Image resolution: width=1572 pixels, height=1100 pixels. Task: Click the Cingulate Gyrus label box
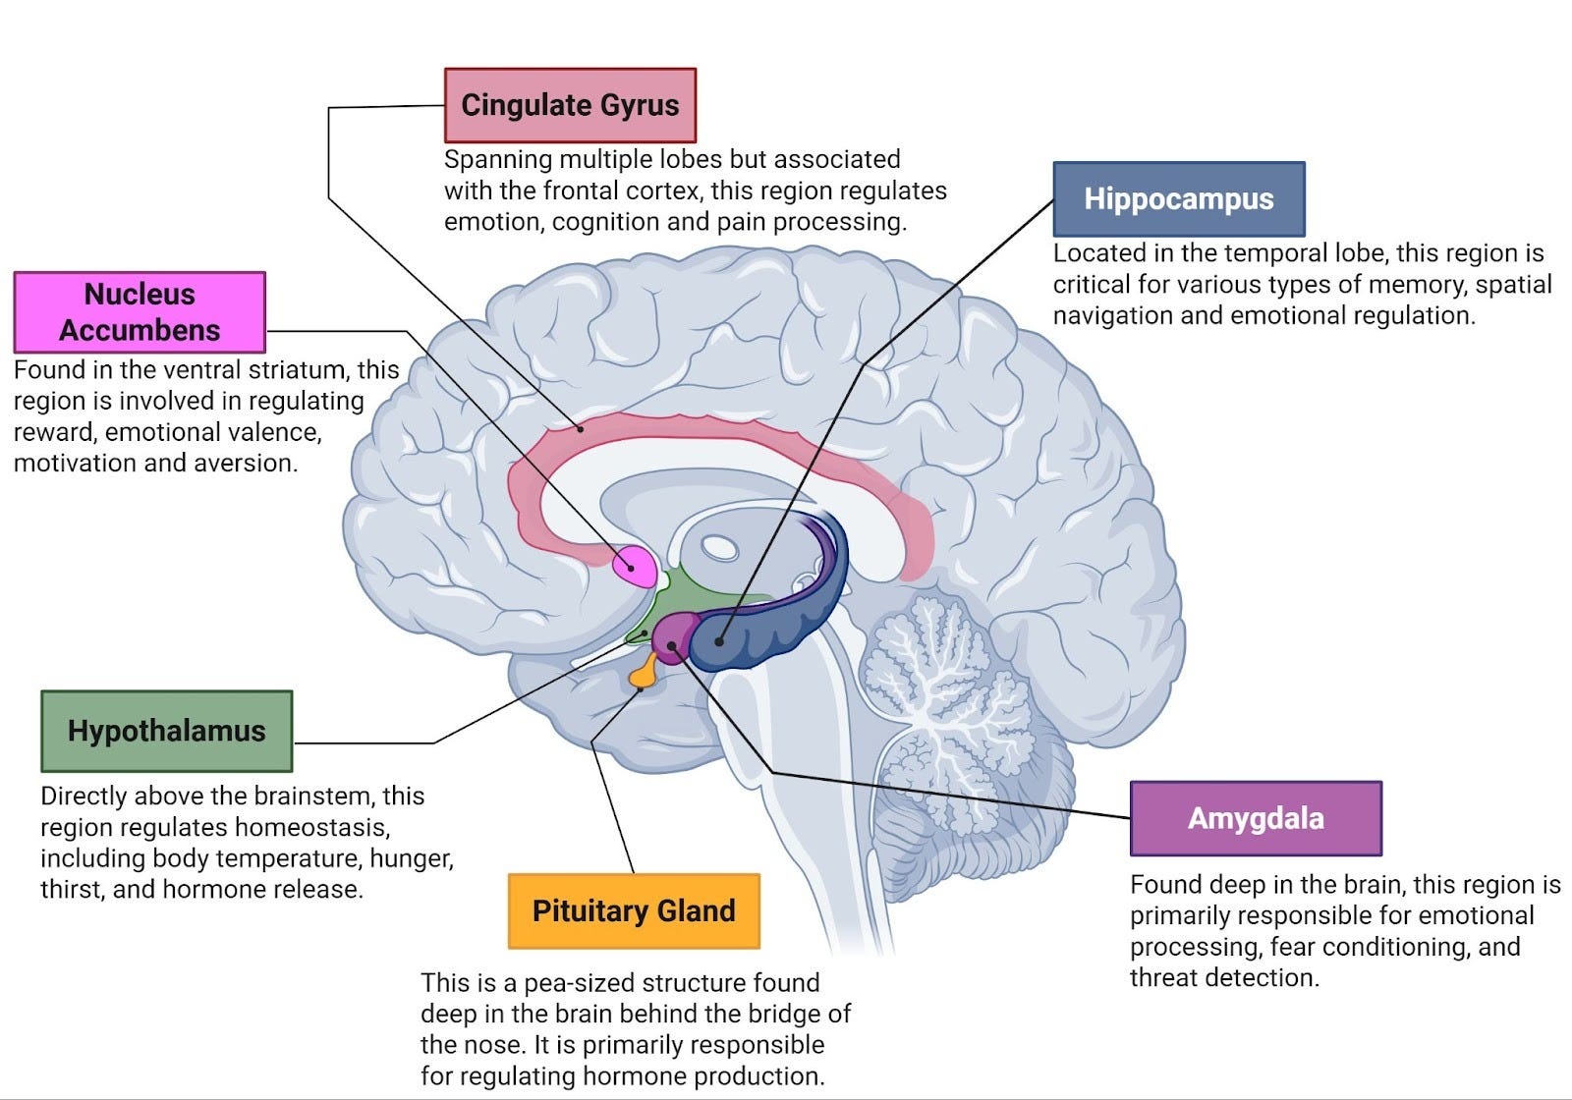570,105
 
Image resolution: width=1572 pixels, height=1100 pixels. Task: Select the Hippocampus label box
1178,199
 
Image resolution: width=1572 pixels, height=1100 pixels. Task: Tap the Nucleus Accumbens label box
140,312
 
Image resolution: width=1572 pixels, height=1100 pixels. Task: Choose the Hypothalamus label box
166,731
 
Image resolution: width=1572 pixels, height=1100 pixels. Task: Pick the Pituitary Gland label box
634,910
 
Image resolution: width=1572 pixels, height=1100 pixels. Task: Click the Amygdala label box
1256,818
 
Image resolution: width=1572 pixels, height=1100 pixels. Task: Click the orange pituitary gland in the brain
645,672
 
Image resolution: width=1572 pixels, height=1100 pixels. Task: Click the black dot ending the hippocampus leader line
719,641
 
